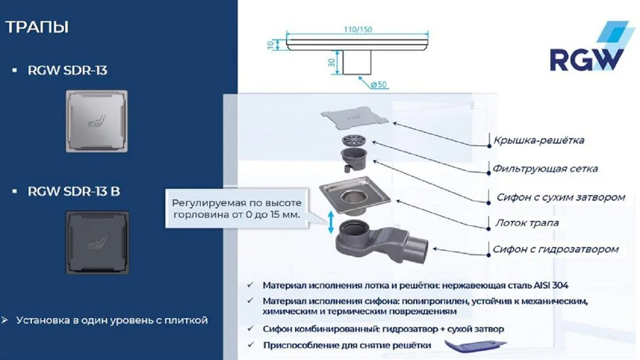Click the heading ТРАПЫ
click(37, 28)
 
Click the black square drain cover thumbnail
click(97, 240)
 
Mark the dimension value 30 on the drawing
click(331, 62)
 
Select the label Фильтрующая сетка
click(545, 169)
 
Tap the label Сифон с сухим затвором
click(559, 196)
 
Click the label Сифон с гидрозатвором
click(555, 249)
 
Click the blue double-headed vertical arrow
click(330, 221)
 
